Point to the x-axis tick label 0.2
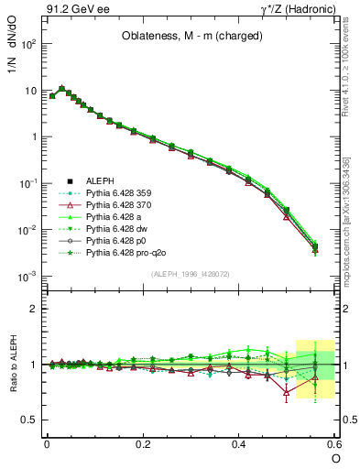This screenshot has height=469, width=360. tap(143, 442)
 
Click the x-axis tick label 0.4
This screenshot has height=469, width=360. tap(239, 442)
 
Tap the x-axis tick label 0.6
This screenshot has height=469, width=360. tap(334, 442)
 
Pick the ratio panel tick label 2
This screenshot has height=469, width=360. tap(34, 309)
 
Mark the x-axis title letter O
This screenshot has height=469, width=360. tap(334, 458)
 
